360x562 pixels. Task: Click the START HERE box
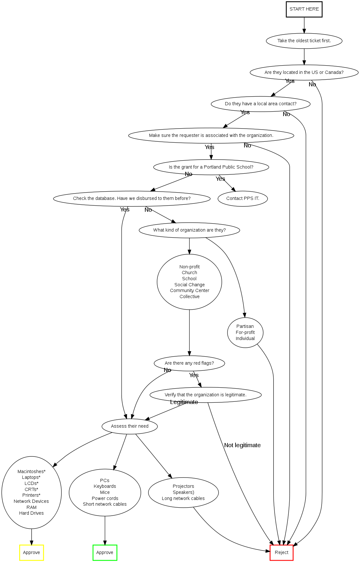304,9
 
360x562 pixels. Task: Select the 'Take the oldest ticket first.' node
304,41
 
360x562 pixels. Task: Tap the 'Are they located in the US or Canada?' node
304,73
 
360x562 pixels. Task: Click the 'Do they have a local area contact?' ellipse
260,104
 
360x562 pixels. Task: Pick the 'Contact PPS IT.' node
243,199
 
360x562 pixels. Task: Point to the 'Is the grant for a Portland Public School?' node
211,167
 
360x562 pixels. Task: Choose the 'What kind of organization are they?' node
189,230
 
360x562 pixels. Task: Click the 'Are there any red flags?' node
189,363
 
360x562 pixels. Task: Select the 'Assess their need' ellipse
130,426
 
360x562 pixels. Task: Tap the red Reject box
281,553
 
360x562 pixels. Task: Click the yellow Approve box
31,553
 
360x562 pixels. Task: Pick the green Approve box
105,553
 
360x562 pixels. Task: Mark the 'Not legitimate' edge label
242,445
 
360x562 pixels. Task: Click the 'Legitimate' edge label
184,402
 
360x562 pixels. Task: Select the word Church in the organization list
189,273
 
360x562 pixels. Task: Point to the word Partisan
245,327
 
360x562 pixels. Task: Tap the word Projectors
183,487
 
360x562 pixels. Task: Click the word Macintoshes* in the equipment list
31,472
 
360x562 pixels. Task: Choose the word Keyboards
105,487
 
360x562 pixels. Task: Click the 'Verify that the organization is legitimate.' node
205,395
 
